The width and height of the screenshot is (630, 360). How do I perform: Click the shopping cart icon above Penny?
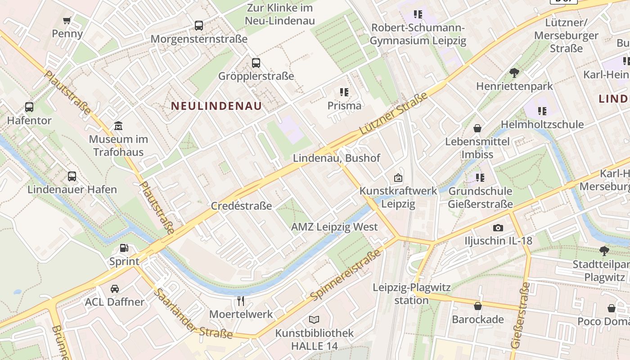[67, 20]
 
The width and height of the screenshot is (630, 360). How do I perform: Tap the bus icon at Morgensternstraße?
[199, 26]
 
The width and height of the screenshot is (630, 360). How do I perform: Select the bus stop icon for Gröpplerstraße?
[256, 63]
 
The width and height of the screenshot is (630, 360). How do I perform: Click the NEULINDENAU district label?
[216, 106]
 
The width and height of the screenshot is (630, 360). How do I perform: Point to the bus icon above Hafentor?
[29, 107]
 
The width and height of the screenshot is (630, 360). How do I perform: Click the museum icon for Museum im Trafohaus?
[118, 126]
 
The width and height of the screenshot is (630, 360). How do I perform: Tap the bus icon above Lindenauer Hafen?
[72, 176]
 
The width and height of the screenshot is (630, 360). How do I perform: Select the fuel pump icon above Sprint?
[124, 248]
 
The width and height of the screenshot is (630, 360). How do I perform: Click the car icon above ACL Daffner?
[115, 288]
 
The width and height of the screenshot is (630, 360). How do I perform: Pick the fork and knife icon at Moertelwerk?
[241, 301]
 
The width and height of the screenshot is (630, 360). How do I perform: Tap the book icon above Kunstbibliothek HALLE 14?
[314, 319]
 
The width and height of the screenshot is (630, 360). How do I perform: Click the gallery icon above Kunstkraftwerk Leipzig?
[398, 178]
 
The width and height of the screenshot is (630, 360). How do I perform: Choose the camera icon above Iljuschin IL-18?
[498, 228]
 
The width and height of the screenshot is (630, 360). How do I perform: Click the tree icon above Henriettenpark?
[514, 72]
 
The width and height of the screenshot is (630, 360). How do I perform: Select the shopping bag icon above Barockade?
[477, 306]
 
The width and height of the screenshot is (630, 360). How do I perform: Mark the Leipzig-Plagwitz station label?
[411, 293]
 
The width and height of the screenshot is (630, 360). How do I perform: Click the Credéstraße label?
[242, 206]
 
